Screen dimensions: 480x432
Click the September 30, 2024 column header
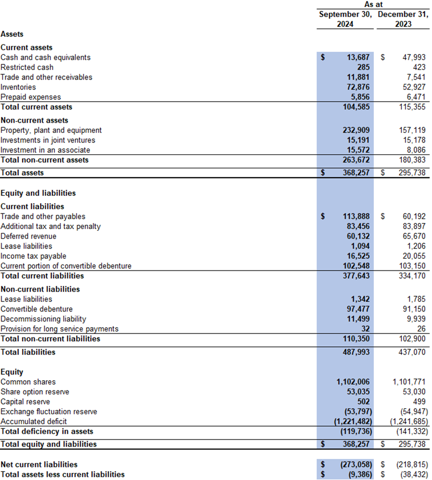point(346,19)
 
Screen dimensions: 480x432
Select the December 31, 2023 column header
point(403,19)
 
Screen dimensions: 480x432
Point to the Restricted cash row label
point(27,67)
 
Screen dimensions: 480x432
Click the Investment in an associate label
point(45,150)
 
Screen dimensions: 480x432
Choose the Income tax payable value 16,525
point(358,256)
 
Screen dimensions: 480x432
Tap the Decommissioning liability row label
point(43,319)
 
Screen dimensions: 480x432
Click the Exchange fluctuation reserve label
point(49,412)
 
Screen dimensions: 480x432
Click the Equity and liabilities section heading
point(38,193)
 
